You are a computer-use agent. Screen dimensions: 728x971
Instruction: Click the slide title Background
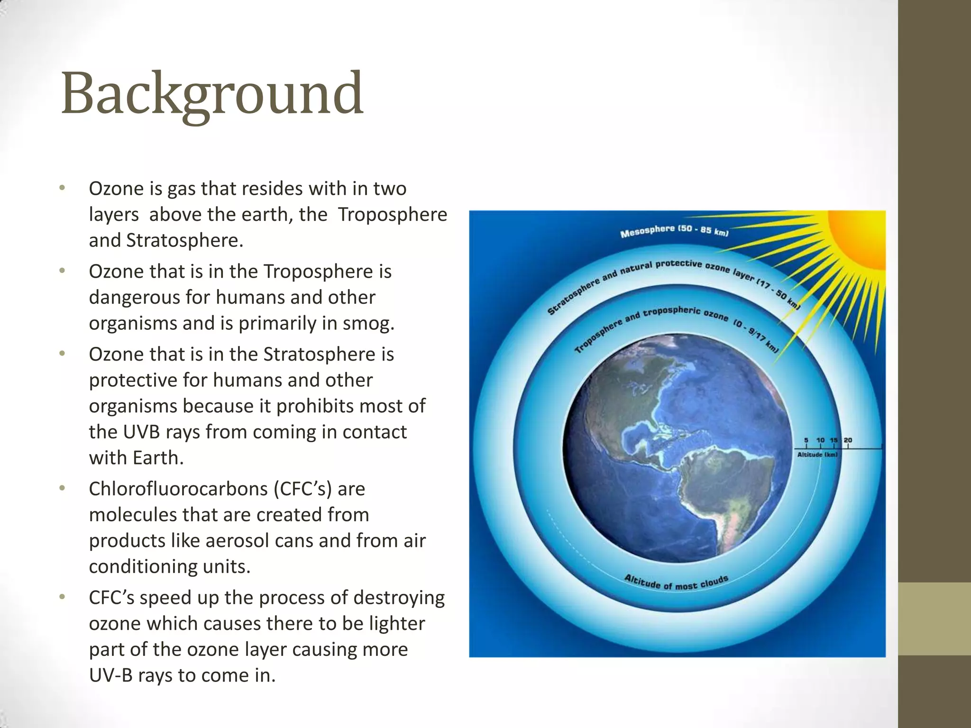pyautogui.click(x=212, y=93)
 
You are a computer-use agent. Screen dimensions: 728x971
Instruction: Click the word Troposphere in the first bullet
pyautogui.click(x=392, y=215)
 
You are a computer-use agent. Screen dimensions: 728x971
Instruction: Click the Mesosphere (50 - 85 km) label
pyautogui.click(x=674, y=231)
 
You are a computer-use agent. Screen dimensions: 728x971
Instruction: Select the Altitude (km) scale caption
pyautogui.click(x=817, y=455)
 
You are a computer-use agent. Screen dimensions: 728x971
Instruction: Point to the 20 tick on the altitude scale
pyautogui.click(x=848, y=441)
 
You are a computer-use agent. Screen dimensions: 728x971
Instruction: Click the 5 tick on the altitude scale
pyautogui.click(x=806, y=441)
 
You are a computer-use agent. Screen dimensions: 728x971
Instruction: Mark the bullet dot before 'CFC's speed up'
pyautogui.click(x=62, y=597)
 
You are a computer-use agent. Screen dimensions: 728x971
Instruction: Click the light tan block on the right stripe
pyautogui.click(x=934, y=619)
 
